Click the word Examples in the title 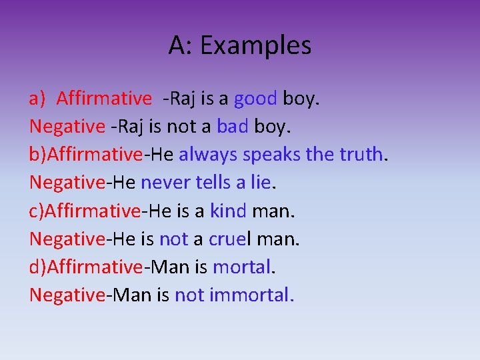(255, 45)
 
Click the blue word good (255, 99)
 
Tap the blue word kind (228, 211)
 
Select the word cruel (228, 238)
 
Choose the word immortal (251, 295)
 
